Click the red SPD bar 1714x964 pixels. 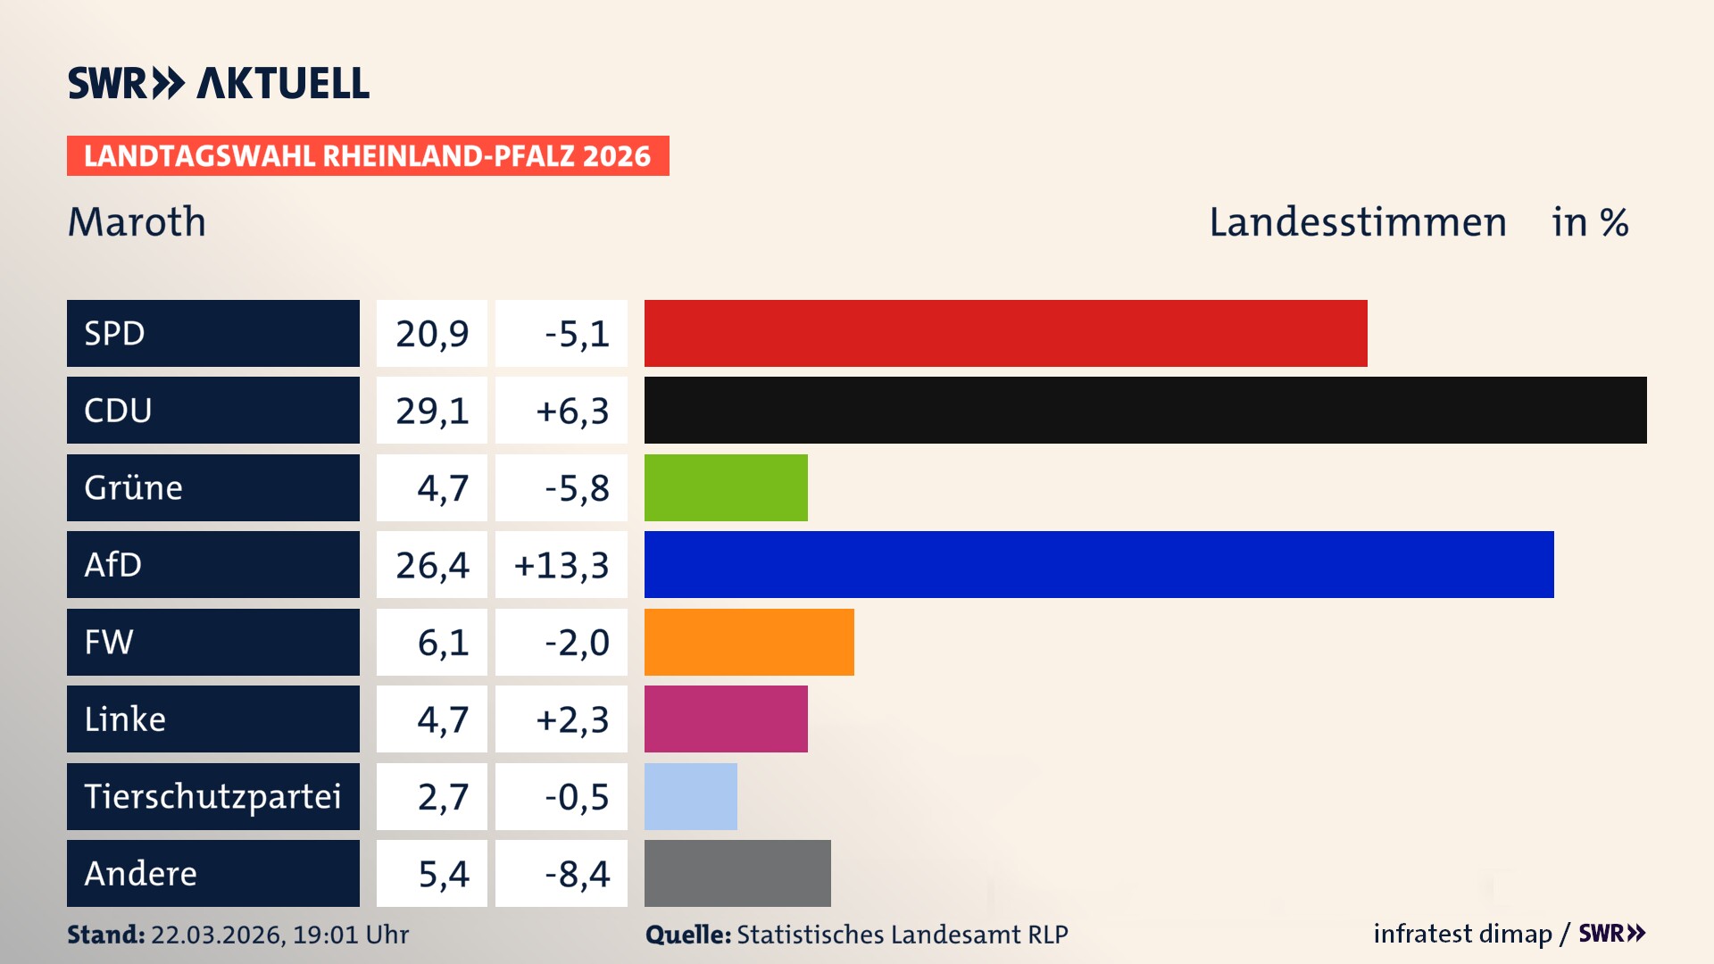(1005, 333)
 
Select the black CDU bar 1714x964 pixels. (1145, 411)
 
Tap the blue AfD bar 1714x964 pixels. (1099, 564)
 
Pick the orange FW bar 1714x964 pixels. (749, 642)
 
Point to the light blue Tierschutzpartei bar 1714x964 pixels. (691, 796)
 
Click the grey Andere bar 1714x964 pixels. (737, 873)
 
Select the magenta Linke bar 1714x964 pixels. (726, 719)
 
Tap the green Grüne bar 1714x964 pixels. (726, 487)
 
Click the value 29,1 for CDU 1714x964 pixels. (432, 411)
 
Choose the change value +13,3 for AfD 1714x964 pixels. (562, 565)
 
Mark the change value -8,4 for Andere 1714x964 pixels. (577, 874)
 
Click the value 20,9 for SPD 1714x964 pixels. (432, 334)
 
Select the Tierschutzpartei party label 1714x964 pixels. (212, 796)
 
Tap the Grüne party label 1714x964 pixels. (134, 487)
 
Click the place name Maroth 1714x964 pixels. (137, 222)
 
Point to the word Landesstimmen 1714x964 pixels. (1357, 222)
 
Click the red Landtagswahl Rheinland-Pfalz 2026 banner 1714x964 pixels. (368, 156)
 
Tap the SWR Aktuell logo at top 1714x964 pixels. (219, 83)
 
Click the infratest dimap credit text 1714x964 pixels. (1462, 934)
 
